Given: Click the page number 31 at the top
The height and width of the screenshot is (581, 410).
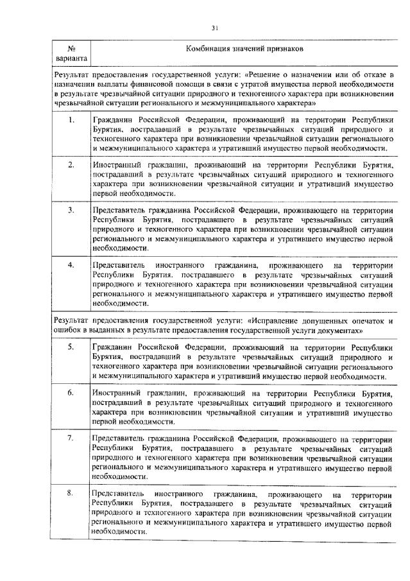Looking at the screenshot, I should (x=215, y=26).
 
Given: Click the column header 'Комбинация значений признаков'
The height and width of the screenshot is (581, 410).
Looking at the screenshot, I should (x=240, y=49).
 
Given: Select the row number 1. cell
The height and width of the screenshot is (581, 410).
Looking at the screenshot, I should (x=72, y=120).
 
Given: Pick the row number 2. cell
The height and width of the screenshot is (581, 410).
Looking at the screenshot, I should (x=72, y=165).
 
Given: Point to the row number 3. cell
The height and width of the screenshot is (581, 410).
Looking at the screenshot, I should (x=72, y=210).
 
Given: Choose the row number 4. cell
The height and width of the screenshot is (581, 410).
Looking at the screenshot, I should (x=72, y=264).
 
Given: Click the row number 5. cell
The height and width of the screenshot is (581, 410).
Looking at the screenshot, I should (x=72, y=346).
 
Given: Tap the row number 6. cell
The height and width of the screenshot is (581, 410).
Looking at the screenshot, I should (x=72, y=391).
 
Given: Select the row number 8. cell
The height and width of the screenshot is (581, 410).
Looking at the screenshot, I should (x=72, y=492).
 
